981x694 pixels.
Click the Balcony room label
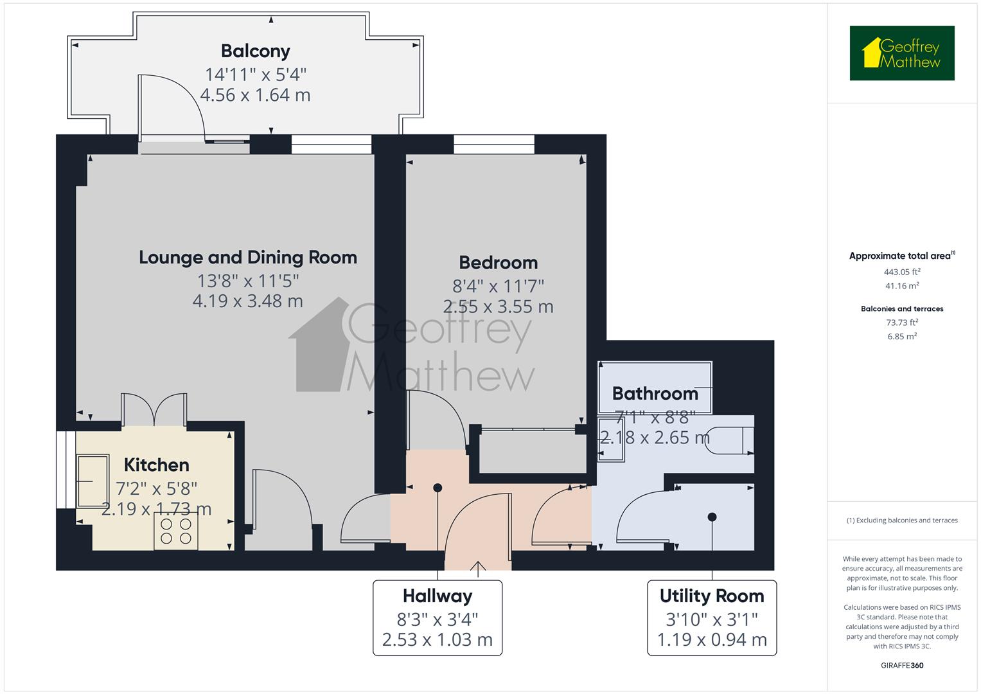[255, 51]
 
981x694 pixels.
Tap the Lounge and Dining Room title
[248, 258]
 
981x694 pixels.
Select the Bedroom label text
[498, 263]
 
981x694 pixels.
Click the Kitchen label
[156, 465]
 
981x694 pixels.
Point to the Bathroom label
[655, 393]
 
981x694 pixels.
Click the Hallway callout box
[437, 618]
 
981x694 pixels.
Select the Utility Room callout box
[712, 618]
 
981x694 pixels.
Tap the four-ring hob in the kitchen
[176, 531]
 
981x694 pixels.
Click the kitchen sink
[93, 481]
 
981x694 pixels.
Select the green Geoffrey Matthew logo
[902, 53]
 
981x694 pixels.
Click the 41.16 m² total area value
[902, 286]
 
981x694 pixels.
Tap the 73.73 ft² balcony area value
[902, 323]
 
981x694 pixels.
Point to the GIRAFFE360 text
[902, 666]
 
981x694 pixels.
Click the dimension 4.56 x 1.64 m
[255, 96]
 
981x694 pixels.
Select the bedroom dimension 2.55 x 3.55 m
[498, 307]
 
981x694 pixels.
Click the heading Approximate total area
[901, 256]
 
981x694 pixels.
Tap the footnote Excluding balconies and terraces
[902, 520]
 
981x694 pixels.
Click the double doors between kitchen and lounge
[154, 410]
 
